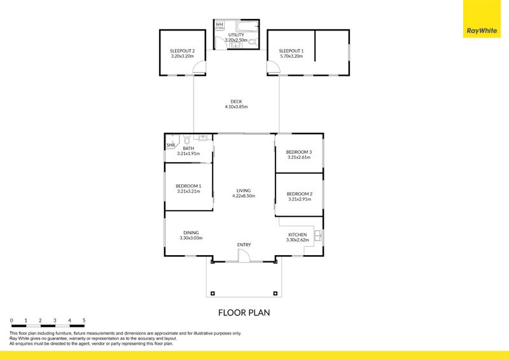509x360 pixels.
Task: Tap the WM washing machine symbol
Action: (x=220, y=25)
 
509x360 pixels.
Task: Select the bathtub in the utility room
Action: (x=247, y=26)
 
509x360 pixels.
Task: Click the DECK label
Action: (x=236, y=102)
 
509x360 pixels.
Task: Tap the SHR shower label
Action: (x=171, y=145)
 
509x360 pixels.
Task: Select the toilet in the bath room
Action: (x=186, y=140)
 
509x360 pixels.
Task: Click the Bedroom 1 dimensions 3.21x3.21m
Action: (x=188, y=191)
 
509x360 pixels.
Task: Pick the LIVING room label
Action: (x=244, y=191)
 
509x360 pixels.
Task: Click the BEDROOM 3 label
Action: (x=299, y=152)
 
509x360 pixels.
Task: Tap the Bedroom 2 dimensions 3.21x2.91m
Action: (x=300, y=199)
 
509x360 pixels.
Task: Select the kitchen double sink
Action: (x=317, y=236)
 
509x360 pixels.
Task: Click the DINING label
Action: (x=191, y=233)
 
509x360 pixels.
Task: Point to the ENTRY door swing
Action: (x=243, y=256)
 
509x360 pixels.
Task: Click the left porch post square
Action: (x=213, y=293)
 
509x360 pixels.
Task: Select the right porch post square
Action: (x=275, y=293)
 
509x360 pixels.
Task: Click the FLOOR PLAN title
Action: (x=244, y=312)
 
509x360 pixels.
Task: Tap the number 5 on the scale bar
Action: (x=84, y=321)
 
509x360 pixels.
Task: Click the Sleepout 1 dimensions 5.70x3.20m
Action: (x=291, y=56)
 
